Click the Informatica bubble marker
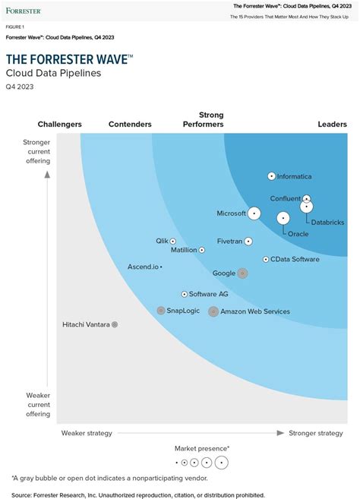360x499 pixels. tap(272, 176)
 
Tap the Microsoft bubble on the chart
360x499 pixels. tap(254, 213)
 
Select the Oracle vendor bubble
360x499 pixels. tap(283, 219)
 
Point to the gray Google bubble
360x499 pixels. tap(242, 273)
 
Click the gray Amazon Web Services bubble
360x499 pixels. tap(213, 311)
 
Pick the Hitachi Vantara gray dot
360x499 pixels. tap(115, 324)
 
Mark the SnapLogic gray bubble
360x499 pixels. tap(161, 311)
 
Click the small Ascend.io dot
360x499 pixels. tap(161, 267)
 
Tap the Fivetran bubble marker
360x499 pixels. tap(248, 242)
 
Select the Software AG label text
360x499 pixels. tap(208, 294)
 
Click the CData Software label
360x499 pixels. tap(295, 259)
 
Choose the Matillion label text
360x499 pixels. tap(184, 249)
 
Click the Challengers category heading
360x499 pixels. tap(60, 125)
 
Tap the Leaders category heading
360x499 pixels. tap(333, 125)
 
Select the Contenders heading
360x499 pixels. tap(130, 125)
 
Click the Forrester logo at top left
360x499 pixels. tap(24, 11)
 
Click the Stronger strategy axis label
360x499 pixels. tap(316, 433)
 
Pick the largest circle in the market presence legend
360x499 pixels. tap(222, 462)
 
